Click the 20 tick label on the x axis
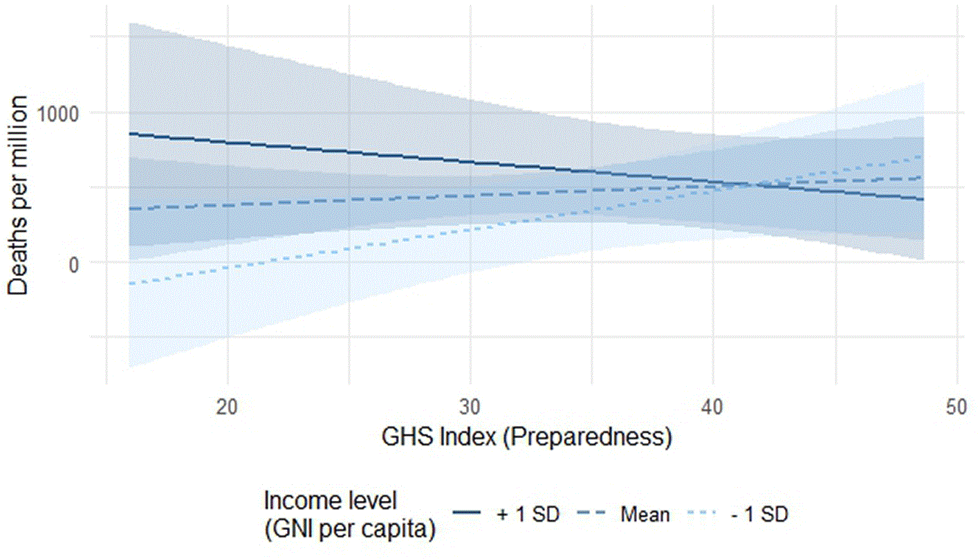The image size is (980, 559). point(227,407)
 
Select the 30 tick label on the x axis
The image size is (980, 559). point(470,407)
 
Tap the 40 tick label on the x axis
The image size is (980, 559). point(712,407)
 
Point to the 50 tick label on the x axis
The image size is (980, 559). point(956,407)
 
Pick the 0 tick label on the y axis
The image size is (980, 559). point(74,265)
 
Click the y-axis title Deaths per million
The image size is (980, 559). point(17,196)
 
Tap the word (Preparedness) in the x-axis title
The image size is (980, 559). point(588,437)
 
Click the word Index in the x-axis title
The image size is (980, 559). point(468,437)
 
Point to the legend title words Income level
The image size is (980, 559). point(331,500)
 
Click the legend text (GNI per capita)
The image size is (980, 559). point(350,529)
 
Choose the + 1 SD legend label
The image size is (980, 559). point(528,514)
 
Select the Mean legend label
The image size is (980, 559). point(645,514)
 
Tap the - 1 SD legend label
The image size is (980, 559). point(760,514)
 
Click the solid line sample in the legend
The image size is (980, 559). point(467,512)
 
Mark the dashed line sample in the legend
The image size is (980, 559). point(591,512)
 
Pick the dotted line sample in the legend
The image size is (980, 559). point(702,512)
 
